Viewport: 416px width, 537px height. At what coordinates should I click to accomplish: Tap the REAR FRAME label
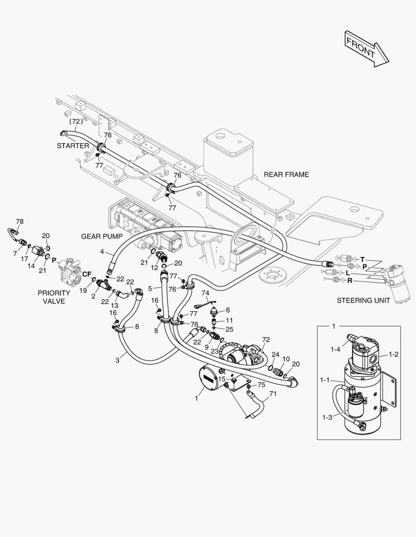point(286,175)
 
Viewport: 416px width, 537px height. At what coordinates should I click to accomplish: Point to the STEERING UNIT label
point(361,300)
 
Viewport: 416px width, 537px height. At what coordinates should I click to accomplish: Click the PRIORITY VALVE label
point(54,297)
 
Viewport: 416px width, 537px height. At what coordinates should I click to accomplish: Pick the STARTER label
point(73,146)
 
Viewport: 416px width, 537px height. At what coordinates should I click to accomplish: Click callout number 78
point(19,221)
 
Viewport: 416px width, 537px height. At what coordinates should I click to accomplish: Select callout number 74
point(205,293)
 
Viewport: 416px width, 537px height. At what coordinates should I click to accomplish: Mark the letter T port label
point(363,259)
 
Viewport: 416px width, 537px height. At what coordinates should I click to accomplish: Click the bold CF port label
point(87,274)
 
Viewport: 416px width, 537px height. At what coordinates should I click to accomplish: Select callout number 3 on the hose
point(118,360)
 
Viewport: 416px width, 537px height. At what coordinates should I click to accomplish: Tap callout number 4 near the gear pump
point(102,252)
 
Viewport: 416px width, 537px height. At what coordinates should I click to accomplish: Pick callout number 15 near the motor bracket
point(222,379)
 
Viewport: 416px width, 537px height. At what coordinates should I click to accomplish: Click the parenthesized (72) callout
point(75,121)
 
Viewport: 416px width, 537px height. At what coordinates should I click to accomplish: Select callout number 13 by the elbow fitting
point(114,305)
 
